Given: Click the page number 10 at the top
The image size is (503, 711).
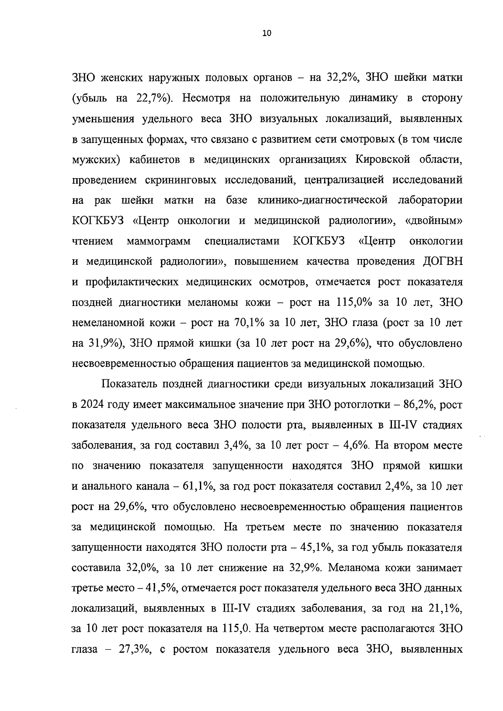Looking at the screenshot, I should click(267, 34).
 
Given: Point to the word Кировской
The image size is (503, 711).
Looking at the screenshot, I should click(382, 160).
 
